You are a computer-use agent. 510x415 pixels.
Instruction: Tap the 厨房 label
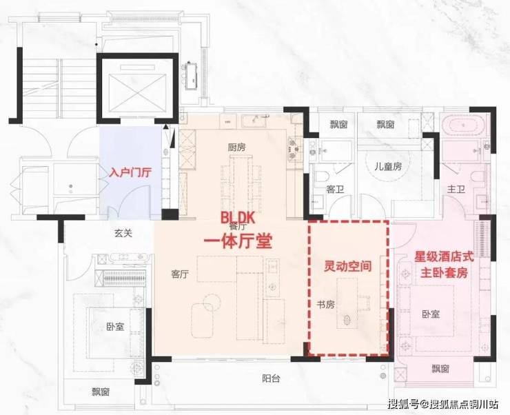point(237,148)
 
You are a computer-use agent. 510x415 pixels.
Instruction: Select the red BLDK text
point(238,217)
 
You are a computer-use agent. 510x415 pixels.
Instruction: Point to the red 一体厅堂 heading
point(238,241)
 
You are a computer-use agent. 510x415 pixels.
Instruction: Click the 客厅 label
point(180,274)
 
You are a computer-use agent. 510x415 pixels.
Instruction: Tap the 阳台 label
point(271,378)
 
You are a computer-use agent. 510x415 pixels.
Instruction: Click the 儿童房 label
point(387,166)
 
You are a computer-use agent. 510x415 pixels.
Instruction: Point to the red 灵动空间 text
point(348,266)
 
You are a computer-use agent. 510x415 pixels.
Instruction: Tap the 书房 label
point(326,305)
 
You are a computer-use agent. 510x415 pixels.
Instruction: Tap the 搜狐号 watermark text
point(407,403)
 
